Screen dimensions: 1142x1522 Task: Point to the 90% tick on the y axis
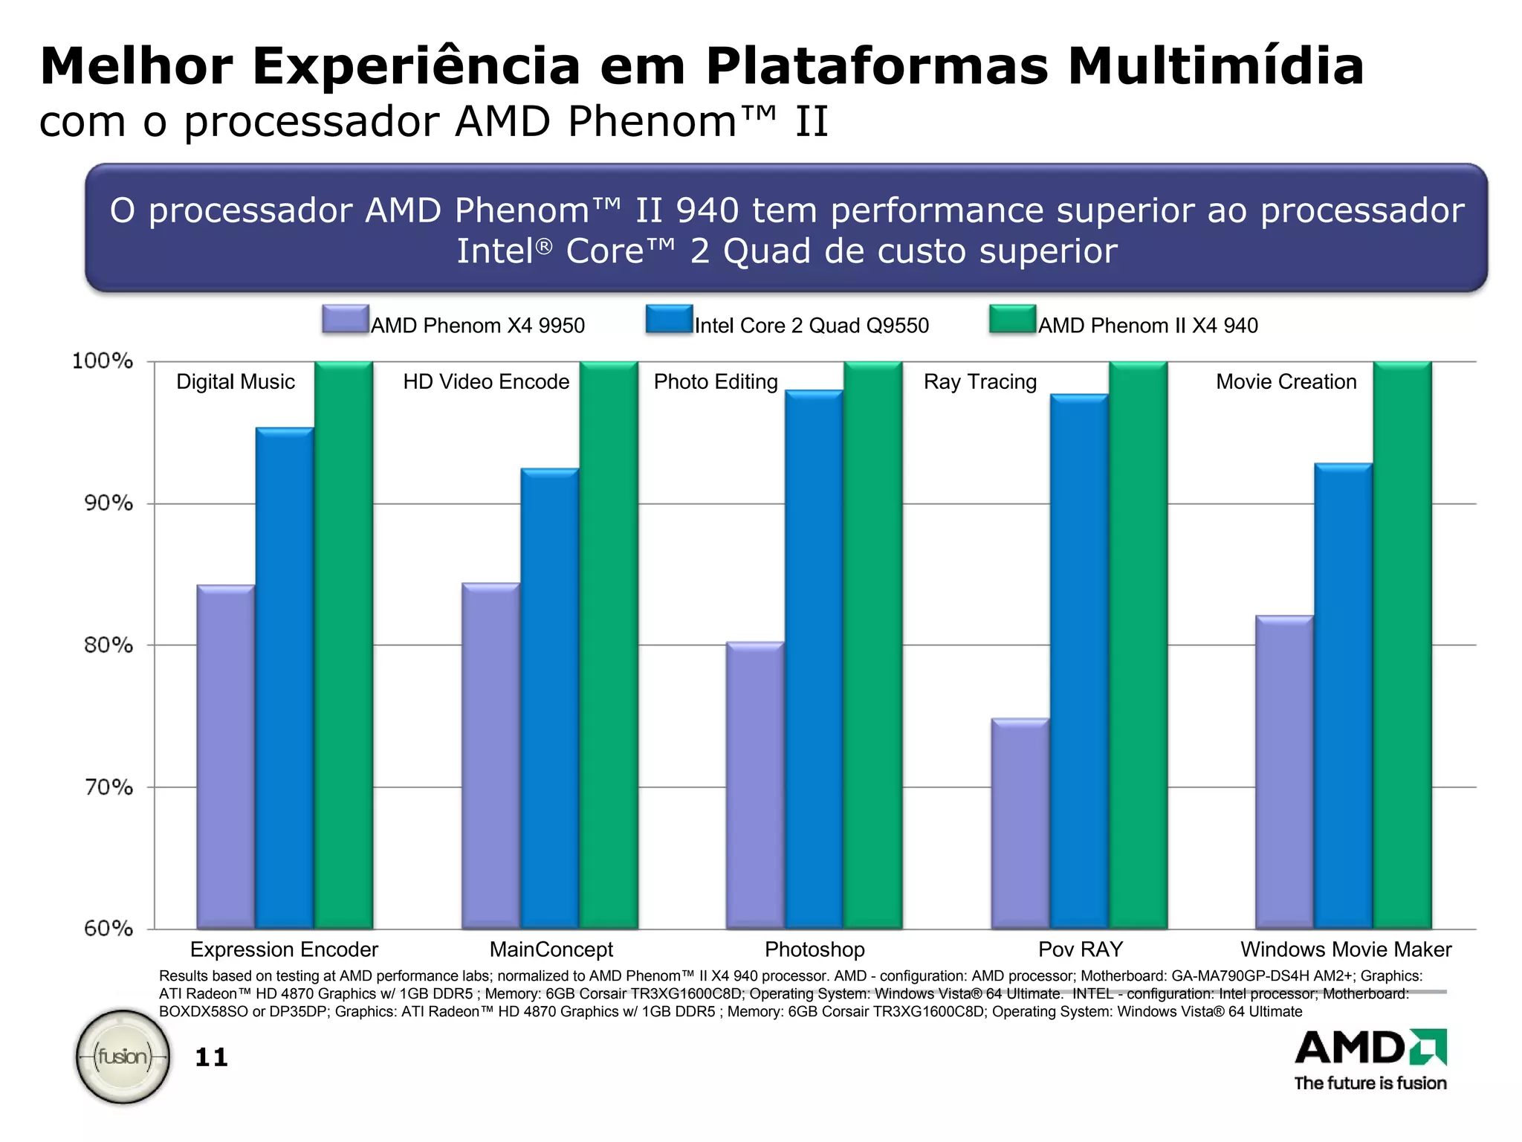109,503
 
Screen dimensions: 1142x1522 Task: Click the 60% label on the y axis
109,928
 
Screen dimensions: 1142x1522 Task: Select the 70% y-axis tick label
109,787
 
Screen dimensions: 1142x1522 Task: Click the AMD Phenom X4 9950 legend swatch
346,319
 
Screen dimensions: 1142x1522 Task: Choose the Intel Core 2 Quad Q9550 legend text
812,326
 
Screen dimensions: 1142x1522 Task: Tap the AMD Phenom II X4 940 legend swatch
1012,319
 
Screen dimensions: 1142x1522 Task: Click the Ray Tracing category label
979,381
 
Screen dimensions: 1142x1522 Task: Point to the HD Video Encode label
486,381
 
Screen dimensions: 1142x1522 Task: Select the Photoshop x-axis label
815,949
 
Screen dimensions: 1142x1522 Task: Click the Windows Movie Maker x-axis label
1345,949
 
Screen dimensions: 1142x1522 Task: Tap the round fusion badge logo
123,1056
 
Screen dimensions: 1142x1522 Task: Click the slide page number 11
211,1057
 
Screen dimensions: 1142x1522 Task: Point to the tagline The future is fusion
1370,1083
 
